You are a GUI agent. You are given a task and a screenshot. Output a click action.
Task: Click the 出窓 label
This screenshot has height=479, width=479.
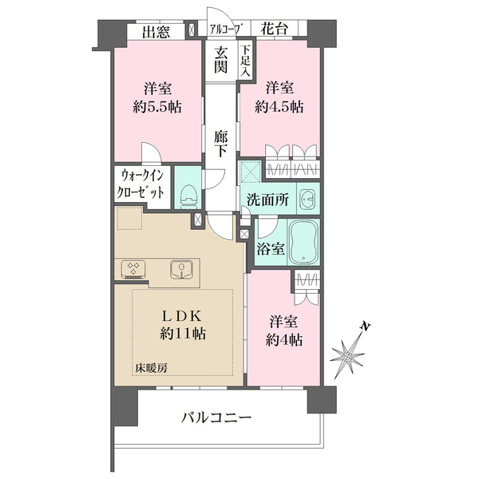tap(156, 32)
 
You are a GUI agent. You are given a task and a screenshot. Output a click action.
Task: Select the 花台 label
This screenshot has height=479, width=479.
tap(275, 30)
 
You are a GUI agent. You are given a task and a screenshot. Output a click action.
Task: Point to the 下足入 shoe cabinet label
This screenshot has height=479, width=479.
tap(245, 61)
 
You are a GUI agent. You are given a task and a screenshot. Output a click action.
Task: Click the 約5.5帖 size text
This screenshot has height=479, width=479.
tap(157, 107)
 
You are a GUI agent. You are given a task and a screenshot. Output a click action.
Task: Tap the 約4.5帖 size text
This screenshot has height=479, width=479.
tap(279, 107)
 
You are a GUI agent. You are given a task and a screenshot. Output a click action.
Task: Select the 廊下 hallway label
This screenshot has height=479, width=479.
tap(220, 144)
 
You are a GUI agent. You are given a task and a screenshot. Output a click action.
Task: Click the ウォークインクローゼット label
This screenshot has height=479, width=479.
tap(142, 184)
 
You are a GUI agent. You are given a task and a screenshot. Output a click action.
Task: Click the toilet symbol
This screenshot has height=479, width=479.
tap(188, 196)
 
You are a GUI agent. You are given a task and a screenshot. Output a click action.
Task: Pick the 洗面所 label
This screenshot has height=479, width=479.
tap(267, 200)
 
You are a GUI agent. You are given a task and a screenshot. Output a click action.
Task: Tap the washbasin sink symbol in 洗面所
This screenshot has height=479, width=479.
tap(308, 199)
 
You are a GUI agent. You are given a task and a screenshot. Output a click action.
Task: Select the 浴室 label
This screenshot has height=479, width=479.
tap(271, 249)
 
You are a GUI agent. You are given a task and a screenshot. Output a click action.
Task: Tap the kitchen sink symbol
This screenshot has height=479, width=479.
tap(182, 269)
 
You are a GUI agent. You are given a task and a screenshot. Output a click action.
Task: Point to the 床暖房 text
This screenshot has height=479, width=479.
tap(151, 368)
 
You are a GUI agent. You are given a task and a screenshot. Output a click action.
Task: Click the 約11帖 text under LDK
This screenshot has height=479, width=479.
tap(183, 334)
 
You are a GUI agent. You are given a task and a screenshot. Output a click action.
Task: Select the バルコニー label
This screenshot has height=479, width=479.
tap(216, 417)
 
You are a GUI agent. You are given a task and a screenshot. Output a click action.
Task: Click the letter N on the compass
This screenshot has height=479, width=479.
tap(366, 327)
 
